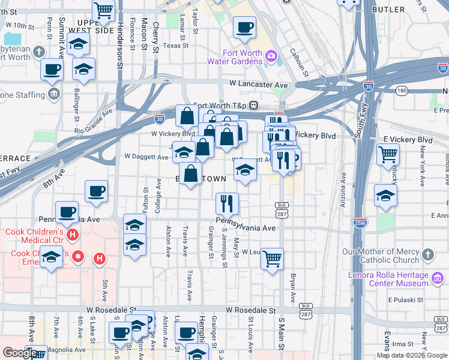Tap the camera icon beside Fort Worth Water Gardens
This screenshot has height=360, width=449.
(x=271, y=57)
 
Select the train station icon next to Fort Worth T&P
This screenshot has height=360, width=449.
(x=254, y=105)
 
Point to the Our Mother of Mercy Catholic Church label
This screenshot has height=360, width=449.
(x=381, y=256)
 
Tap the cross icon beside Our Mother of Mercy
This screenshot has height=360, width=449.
(x=427, y=254)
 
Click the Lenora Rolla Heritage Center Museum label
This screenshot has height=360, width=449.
(x=388, y=280)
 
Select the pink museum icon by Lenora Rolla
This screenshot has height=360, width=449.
(x=439, y=278)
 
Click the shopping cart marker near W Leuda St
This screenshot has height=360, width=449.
(x=272, y=259)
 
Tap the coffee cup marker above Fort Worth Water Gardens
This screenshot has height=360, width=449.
(x=244, y=27)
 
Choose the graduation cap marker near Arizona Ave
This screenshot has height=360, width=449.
(x=385, y=195)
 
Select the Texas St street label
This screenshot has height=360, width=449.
(x=175, y=45)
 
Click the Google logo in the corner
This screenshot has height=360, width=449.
(x=20, y=353)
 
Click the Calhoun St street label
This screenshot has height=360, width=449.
(x=298, y=62)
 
